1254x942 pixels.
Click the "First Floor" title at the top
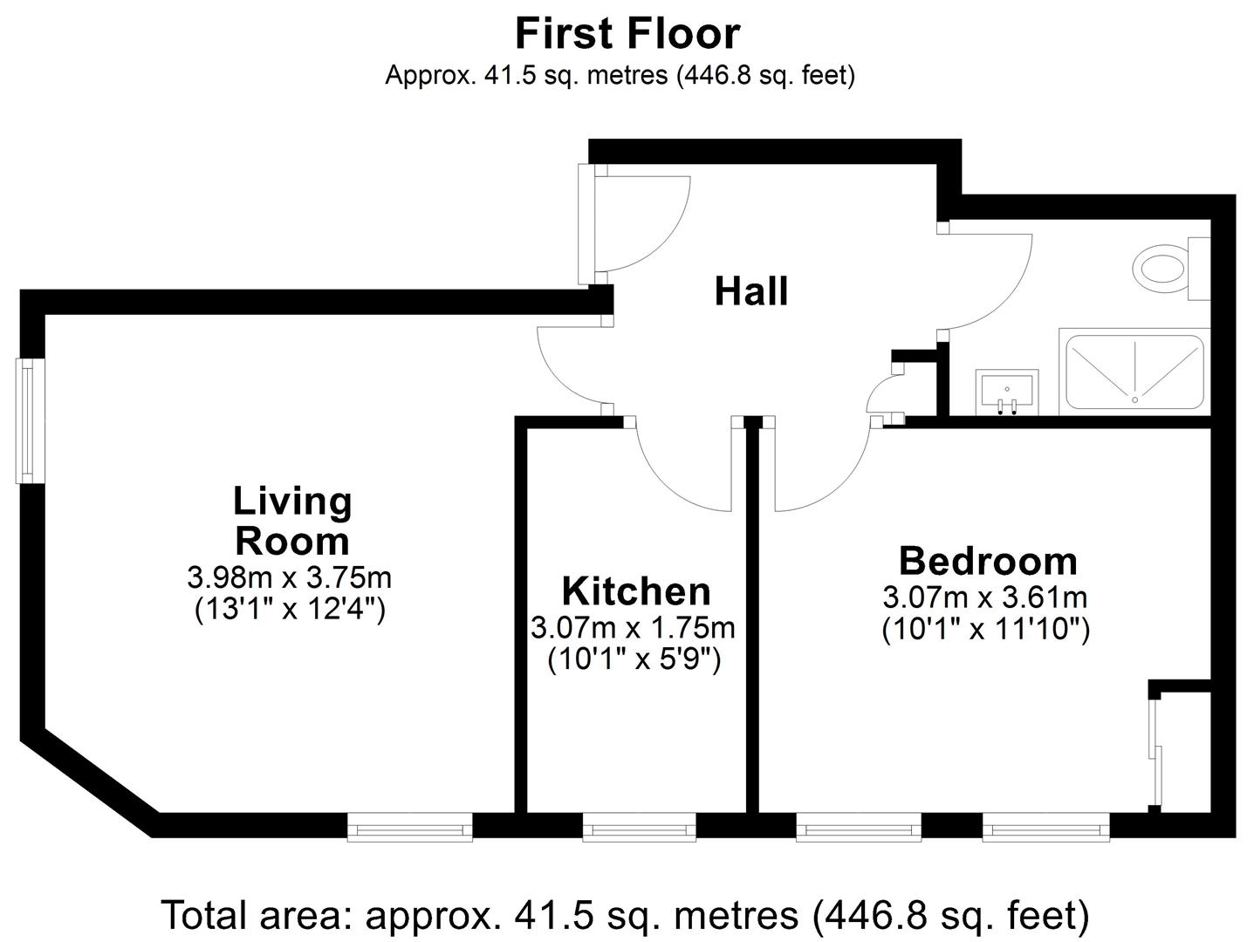[x=627, y=34]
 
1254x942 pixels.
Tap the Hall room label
[x=750, y=291]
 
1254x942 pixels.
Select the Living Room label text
[x=292, y=521]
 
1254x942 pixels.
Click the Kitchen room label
[x=636, y=591]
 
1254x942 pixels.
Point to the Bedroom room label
[x=987, y=561]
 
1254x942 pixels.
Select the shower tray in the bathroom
[x=1134, y=372]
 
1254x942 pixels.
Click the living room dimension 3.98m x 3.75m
[x=289, y=577]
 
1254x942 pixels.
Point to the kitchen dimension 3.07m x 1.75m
[x=633, y=628]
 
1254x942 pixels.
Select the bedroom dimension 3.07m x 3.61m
[x=985, y=597]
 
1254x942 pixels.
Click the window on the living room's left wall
[x=31, y=420]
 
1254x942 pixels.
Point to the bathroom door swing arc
[x=990, y=279]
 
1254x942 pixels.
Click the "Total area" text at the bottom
[x=625, y=915]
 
